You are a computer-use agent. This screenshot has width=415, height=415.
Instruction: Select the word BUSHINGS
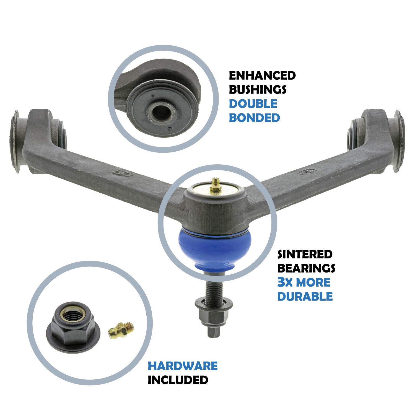click(x=258, y=89)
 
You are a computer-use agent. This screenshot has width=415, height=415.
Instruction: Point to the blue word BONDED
click(x=255, y=118)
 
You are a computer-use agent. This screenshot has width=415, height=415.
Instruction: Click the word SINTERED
click(x=305, y=254)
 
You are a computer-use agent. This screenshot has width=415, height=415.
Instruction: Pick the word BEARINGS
click(x=306, y=268)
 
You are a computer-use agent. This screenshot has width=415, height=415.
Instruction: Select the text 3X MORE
click(x=304, y=282)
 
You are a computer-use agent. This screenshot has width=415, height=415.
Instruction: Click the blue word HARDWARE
click(x=183, y=366)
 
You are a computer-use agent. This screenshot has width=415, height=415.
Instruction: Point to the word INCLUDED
click(x=178, y=380)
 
